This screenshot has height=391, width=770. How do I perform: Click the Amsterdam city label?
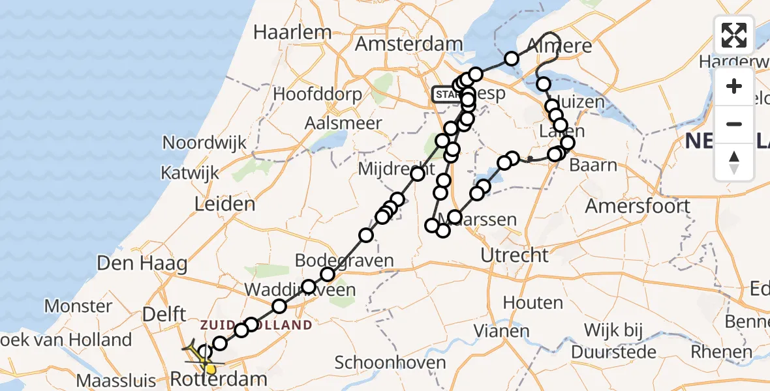[409, 44]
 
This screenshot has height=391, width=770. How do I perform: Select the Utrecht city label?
[514, 255]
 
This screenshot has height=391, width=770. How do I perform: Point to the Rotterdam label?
[219, 379]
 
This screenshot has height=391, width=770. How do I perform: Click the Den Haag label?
[142, 264]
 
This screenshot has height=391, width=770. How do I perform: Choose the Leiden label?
[224, 204]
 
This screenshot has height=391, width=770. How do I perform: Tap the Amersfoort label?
[638, 206]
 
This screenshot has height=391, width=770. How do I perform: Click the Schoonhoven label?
[391, 363]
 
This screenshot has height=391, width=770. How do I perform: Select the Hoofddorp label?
[317, 94]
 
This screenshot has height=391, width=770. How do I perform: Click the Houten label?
[532, 302]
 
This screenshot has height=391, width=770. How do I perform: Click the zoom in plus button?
[734, 87]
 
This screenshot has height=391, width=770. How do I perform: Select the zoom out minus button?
[734, 124]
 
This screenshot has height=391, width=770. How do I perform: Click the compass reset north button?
[734, 162]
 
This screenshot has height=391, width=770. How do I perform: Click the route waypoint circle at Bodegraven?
[328, 275]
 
